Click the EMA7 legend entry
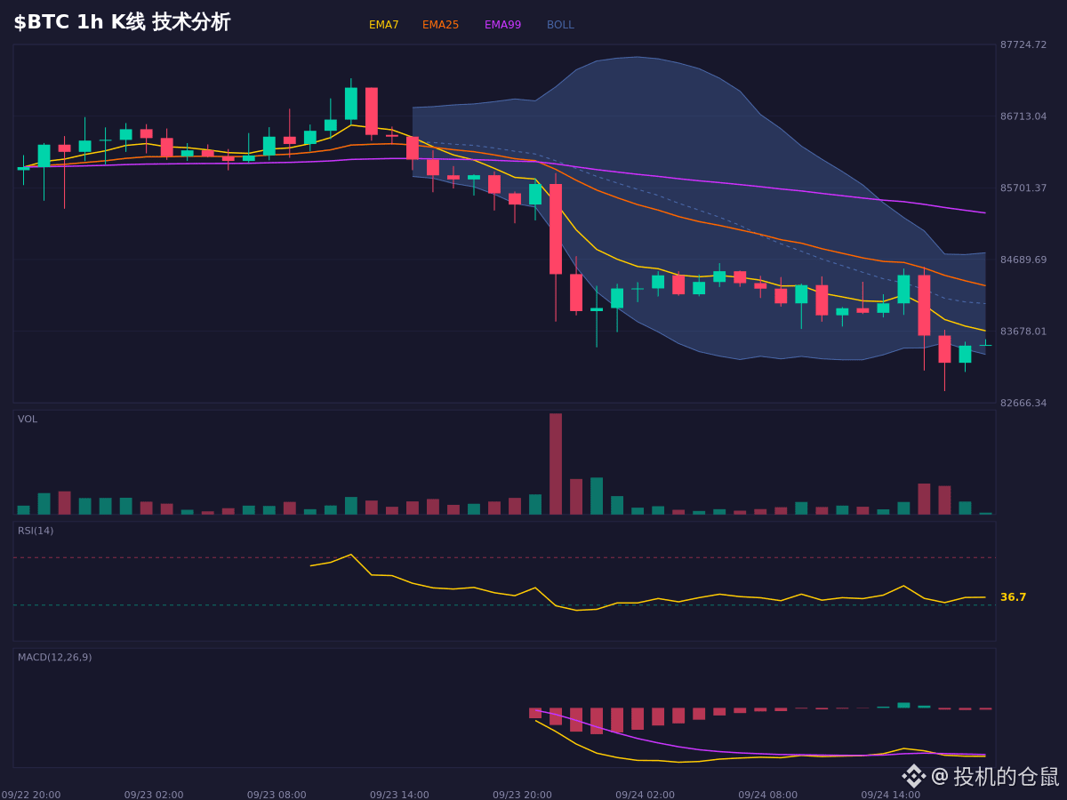(x=383, y=25)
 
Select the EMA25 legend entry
(x=440, y=25)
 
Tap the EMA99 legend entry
(x=502, y=25)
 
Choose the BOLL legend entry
(x=560, y=25)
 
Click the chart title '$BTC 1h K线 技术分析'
(x=122, y=22)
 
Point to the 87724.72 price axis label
(x=1023, y=44)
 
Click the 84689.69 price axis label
(x=1023, y=260)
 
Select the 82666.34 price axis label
(x=1023, y=403)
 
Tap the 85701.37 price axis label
(x=1023, y=188)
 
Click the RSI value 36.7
(x=1013, y=597)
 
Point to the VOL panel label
(x=28, y=420)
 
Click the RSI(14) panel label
(x=36, y=531)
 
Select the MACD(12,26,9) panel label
(x=54, y=657)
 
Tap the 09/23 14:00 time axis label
(x=399, y=795)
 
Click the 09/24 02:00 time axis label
(x=645, y=795)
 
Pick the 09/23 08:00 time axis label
(x=277, y=795)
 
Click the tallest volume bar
(x=556, y=464)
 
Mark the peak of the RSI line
(x=351, y=554)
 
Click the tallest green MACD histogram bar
(x=903, y=705)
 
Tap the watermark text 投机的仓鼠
(x=1007, y=776)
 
